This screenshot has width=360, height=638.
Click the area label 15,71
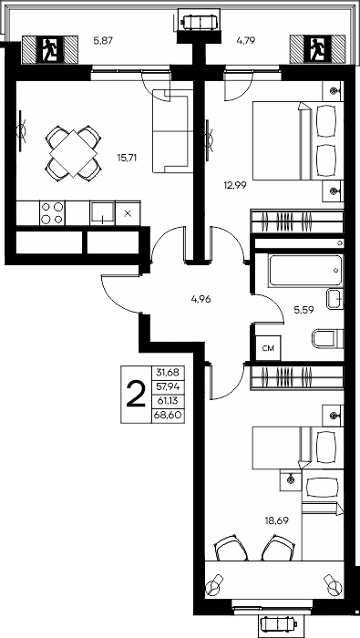(127, 158)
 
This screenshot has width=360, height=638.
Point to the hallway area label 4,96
(201, 300)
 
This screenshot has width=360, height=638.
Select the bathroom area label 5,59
(303, 310)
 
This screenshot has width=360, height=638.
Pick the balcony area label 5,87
(103, 40)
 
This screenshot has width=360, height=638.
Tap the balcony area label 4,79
(246, 40)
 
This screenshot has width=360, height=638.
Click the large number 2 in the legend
(136, 395)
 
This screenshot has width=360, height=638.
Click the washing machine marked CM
(268, 348)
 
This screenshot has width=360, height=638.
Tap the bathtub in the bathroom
(305, 270)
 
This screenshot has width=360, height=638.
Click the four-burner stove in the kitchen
(53, 212)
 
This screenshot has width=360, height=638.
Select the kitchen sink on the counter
(102, 212)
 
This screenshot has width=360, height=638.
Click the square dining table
(74, 153)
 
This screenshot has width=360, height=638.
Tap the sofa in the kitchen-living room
(172, 131)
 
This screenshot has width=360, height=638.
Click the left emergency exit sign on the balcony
(50, 49)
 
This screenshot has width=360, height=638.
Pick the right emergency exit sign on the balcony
(317, 49)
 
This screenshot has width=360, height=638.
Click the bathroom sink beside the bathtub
(334, 299)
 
